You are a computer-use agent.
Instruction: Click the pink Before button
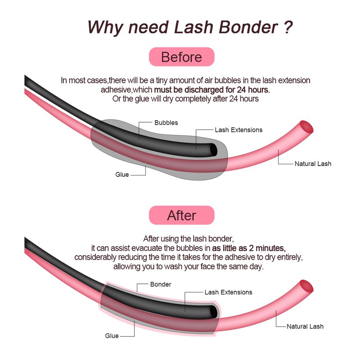point(181,57)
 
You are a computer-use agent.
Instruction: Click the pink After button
point(181,215)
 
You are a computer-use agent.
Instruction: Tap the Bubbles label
point(166,122)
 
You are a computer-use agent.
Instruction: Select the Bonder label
point(160,284)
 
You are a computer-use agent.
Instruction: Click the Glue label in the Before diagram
point(122,175)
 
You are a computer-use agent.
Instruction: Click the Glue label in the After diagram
point(112,336)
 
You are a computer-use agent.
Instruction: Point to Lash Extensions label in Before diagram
point(238,130)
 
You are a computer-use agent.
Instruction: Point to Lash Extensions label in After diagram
point(228,292)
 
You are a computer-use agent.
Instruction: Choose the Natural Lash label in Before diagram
point(313,164)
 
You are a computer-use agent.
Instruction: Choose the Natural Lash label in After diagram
point(305,326)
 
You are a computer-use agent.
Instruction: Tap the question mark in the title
point(289,27)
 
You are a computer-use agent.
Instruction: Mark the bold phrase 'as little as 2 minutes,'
point(249,248)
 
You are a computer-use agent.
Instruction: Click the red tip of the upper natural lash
point(307,126)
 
